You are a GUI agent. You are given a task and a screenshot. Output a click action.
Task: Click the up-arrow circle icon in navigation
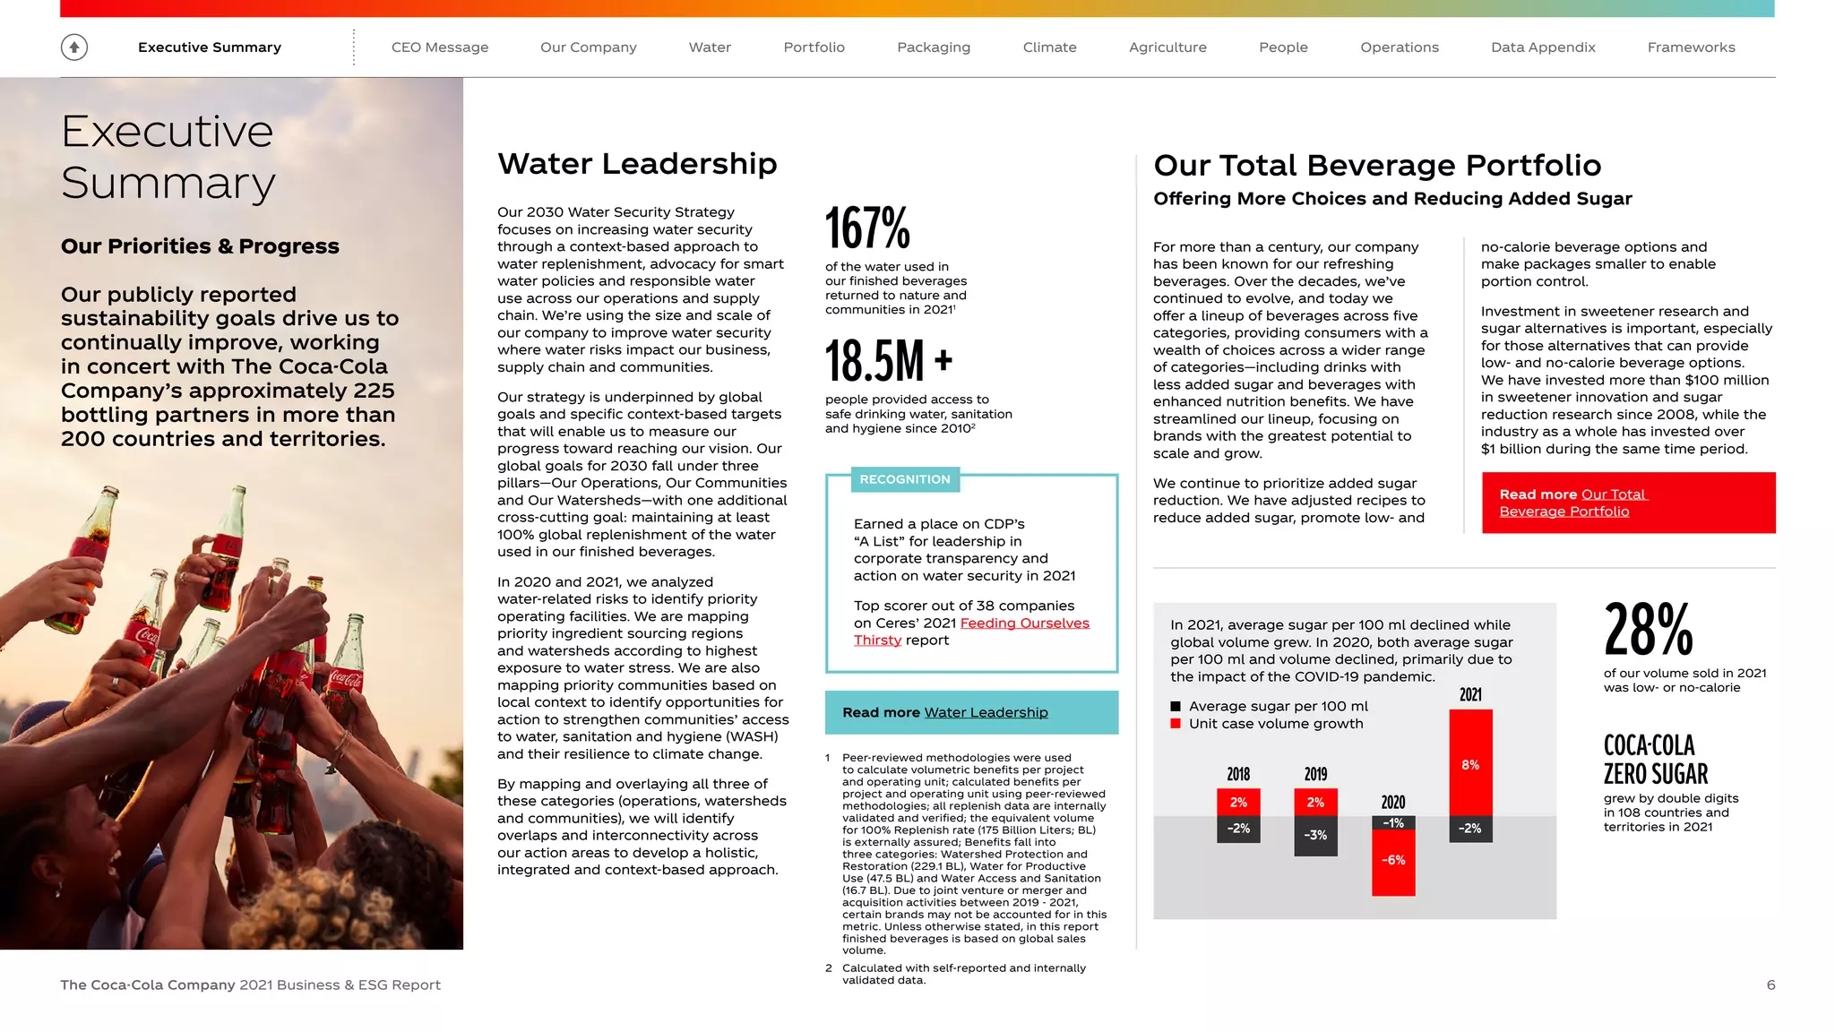(x=74, y=47)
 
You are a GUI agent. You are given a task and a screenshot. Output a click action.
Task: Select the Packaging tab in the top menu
(x=933, y=47)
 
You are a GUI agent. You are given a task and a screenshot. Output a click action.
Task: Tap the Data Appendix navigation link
(x=1542, y=47)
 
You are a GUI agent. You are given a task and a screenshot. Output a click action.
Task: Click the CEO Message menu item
(x=439, y=47)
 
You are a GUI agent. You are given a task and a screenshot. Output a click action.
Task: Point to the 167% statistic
(x=866, y=228)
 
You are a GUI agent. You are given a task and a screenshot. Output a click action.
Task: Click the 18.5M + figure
(x=887, y=361)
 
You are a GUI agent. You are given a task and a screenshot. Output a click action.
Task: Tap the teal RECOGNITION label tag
(x=904, y=479)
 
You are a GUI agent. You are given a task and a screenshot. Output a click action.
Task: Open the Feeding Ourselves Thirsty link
(x=1024, y=623)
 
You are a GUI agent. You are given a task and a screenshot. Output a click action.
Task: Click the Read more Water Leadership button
(x=970, y=712)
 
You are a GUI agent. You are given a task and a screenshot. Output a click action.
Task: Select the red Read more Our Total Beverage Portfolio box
(x=1627, y=503)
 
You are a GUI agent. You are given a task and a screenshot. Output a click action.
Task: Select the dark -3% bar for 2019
(x=1314, y=835)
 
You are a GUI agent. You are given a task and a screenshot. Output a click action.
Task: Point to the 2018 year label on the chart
(x=1237, y=774)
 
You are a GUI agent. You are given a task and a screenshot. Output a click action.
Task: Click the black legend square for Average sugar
(x=1176, y=706)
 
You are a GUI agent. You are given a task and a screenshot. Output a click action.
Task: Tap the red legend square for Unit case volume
(x=1176, y=724)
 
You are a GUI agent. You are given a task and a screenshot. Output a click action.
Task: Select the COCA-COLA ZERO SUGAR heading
(x=1655, y=760)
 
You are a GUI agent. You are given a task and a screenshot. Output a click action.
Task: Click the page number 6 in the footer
(x=1770, y=985)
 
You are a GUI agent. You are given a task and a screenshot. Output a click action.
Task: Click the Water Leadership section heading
(x=637, y=164)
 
